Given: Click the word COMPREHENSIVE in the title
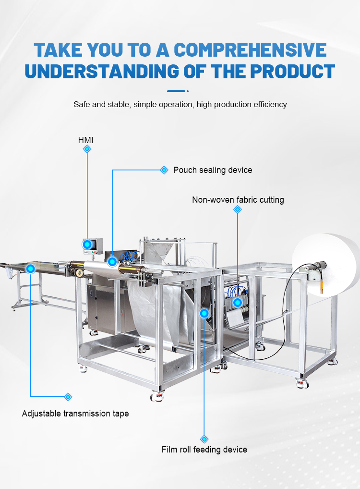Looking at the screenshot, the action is click(x=250, y=50).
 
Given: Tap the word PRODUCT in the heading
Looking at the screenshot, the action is click(x=292, y=72).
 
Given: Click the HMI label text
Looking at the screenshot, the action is click(x=85, y=140).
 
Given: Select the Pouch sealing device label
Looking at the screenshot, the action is click(x=213, y=170).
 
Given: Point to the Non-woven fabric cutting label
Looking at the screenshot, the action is click(x=238, y=200).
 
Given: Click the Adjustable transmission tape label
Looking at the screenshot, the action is click(x=75, y=414).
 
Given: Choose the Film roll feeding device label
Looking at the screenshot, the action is click(x=204, y=450).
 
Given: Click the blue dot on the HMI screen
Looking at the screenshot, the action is click(x=87, y=244).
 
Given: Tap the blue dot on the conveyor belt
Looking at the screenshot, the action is click(x=31, y=269).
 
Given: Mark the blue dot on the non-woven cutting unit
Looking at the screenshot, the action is click(x=238, y=302).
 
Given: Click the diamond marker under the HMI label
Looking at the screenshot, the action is click(x=87, y=149).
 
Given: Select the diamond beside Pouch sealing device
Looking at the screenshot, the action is click(x=164, y=170).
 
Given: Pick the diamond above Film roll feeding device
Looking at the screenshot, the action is click(x=204, y=439).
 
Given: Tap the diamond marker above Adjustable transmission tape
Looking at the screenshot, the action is click(x=68, y=397).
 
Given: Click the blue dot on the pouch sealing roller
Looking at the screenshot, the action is click(x=112, y=262).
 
